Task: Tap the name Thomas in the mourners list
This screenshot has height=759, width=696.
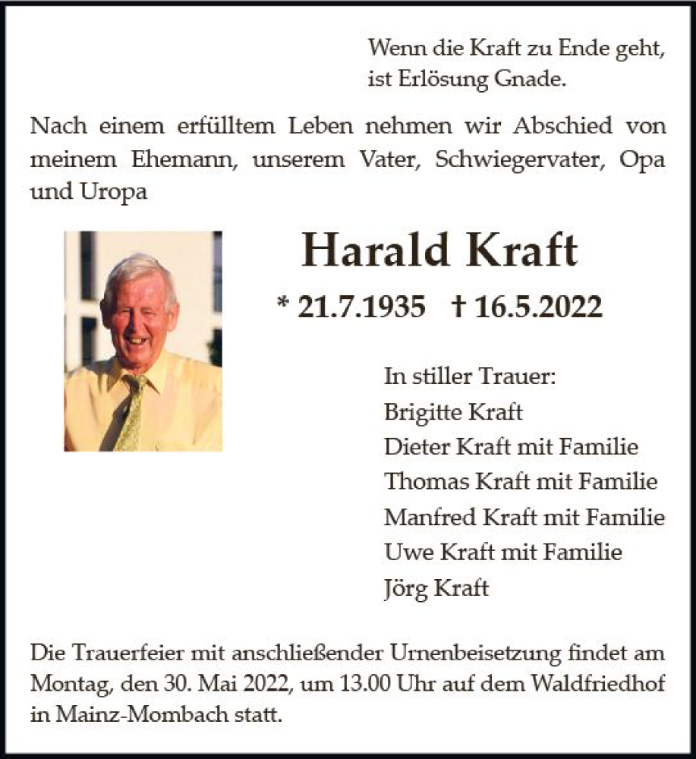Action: pos(427,481)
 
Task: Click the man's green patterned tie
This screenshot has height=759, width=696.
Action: pos(130,414)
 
